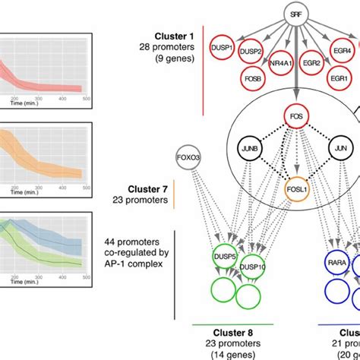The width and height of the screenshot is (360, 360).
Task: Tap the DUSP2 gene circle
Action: tap(251, 51)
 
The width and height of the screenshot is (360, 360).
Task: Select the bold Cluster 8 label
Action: tap(231, 331)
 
